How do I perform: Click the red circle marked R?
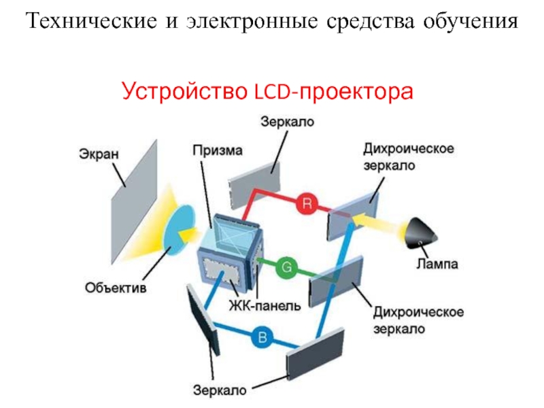pos(307,202)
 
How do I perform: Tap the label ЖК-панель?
pos(265,306)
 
